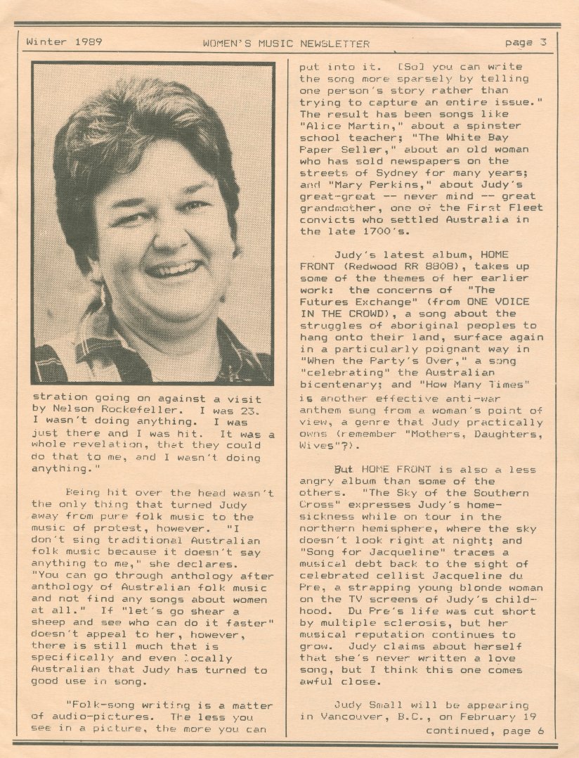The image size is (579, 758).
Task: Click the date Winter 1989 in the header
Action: click(x=64, y=41)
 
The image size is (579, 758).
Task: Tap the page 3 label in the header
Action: click(x=525, y=42)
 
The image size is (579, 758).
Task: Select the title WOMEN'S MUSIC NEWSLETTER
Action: click(x=286, y=44)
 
